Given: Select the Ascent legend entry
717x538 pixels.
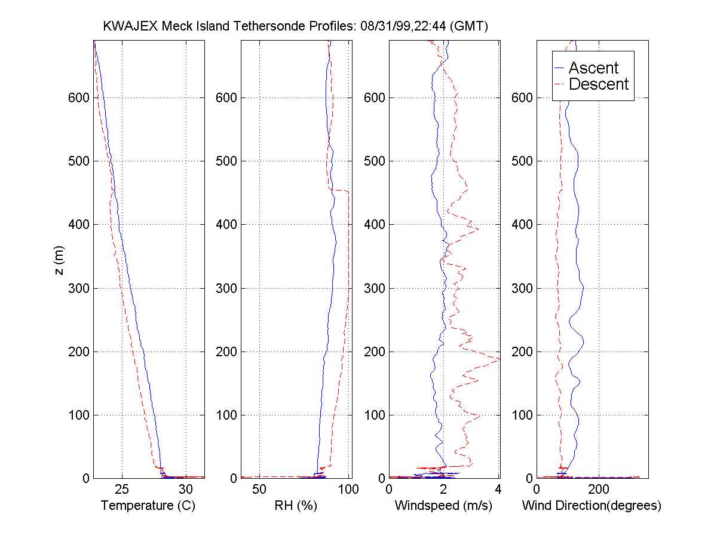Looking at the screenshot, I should click(593, 68).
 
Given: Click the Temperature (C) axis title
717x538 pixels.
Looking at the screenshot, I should click(148, 506).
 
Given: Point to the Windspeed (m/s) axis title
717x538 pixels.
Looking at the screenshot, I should click(443, 506).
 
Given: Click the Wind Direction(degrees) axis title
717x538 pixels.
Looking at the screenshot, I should click(592, 506).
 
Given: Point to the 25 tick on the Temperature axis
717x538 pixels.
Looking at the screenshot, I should click(122, 490).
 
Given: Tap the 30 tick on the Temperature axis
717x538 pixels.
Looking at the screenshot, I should click(186, 490).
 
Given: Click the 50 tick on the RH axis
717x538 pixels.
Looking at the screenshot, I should click(259, 490).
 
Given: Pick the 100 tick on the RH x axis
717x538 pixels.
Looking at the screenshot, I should click(348, 490).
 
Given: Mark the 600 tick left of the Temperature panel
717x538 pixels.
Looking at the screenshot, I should click(79, 97).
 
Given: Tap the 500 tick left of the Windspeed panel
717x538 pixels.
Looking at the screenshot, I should click(375, 161).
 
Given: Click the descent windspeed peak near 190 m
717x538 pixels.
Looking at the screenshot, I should click(498, 359).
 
